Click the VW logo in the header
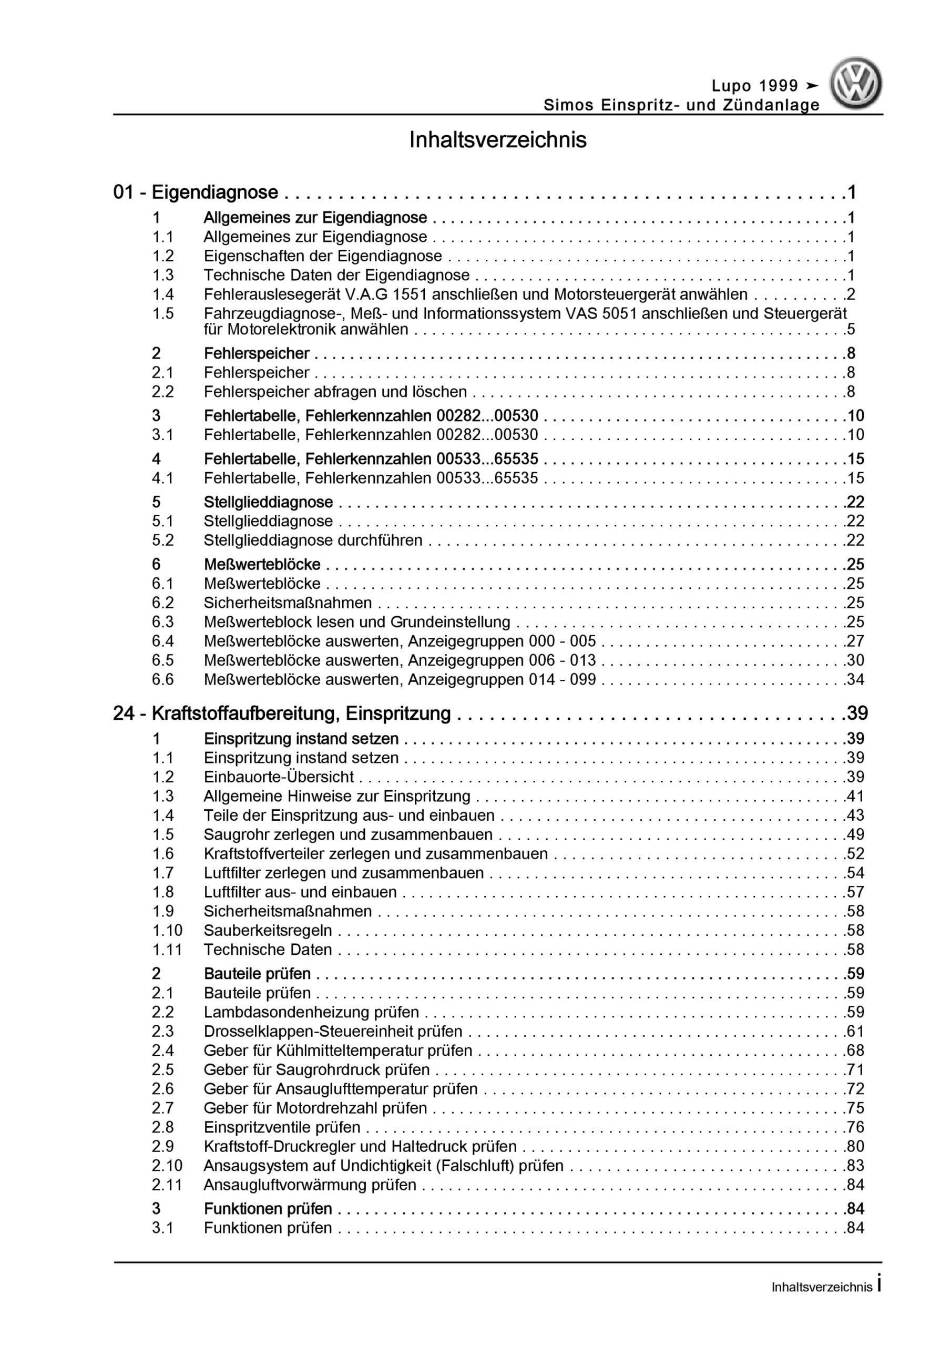[855, 83]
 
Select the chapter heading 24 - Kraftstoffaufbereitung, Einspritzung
[282, 713]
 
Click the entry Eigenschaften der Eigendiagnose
[322, 256]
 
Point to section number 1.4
[163, 294]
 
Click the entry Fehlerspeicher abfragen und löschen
[335, 392]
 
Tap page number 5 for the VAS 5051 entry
[851, 330]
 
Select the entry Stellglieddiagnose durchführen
[313, 540]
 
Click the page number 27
[855, 641]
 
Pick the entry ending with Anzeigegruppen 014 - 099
[400, 679]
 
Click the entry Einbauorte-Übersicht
[279, 777]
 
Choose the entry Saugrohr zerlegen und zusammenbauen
[348, 834]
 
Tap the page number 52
[855, 853]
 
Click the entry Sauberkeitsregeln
[268, 930]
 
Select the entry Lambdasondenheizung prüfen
[311, 1012]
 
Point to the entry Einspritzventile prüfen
[282, 1127]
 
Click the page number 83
[855, 1166]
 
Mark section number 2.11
[167, 1185]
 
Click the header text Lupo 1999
[754, 86]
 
